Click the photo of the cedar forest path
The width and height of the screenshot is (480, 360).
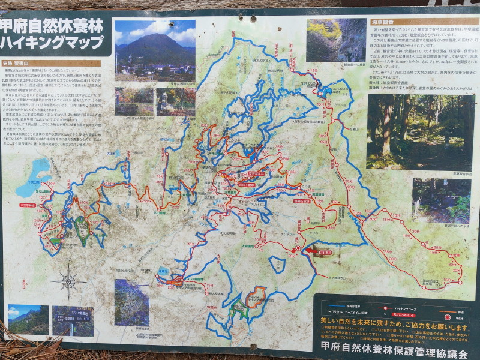pos(418,132)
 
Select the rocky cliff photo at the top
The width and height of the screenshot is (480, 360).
pos(336,40)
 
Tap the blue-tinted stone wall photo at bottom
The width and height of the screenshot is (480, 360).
pos(131,302)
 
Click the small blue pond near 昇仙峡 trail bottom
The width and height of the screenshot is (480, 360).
pos(163,271)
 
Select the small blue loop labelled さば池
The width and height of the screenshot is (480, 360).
pos(277,265)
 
